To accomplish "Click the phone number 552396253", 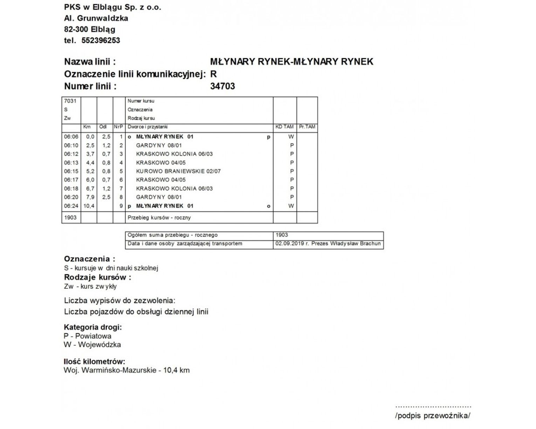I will click(x=101, y=41).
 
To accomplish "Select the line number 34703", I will click(x=222, y=86).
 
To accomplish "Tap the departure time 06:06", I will click(x=71, y=137).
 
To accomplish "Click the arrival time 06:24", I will click(x=71, y=206).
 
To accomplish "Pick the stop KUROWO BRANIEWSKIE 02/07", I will click(x=178, y=171).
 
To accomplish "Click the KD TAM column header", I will click(x=284, y=127).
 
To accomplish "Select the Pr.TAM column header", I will click(x=307, y=127).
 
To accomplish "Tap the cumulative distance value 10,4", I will click(x=89, y=206).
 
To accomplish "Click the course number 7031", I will click(x=70, y=101).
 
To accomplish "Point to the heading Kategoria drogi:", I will click(x=92, y=327).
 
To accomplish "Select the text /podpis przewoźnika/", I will click(x=432, y=416).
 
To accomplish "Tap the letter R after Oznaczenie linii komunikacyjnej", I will click(x=213, y=74).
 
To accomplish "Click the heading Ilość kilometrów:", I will click(x=94, y=362).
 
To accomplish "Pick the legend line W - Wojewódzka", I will click(x=92, y=345).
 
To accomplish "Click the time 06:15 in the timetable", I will click(x=71, y=171).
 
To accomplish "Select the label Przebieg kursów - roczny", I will click(x=159, y=218).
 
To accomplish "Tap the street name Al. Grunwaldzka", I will click(x=96, y=18).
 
